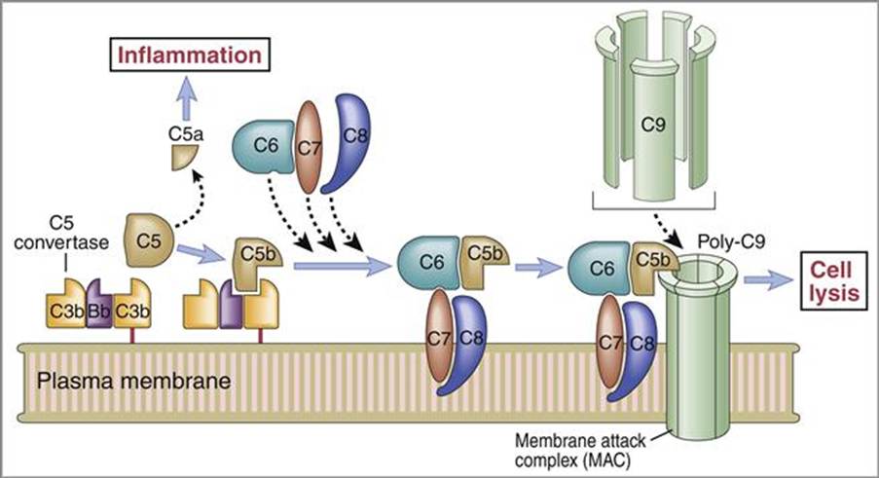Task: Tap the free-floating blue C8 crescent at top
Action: [351, 142]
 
